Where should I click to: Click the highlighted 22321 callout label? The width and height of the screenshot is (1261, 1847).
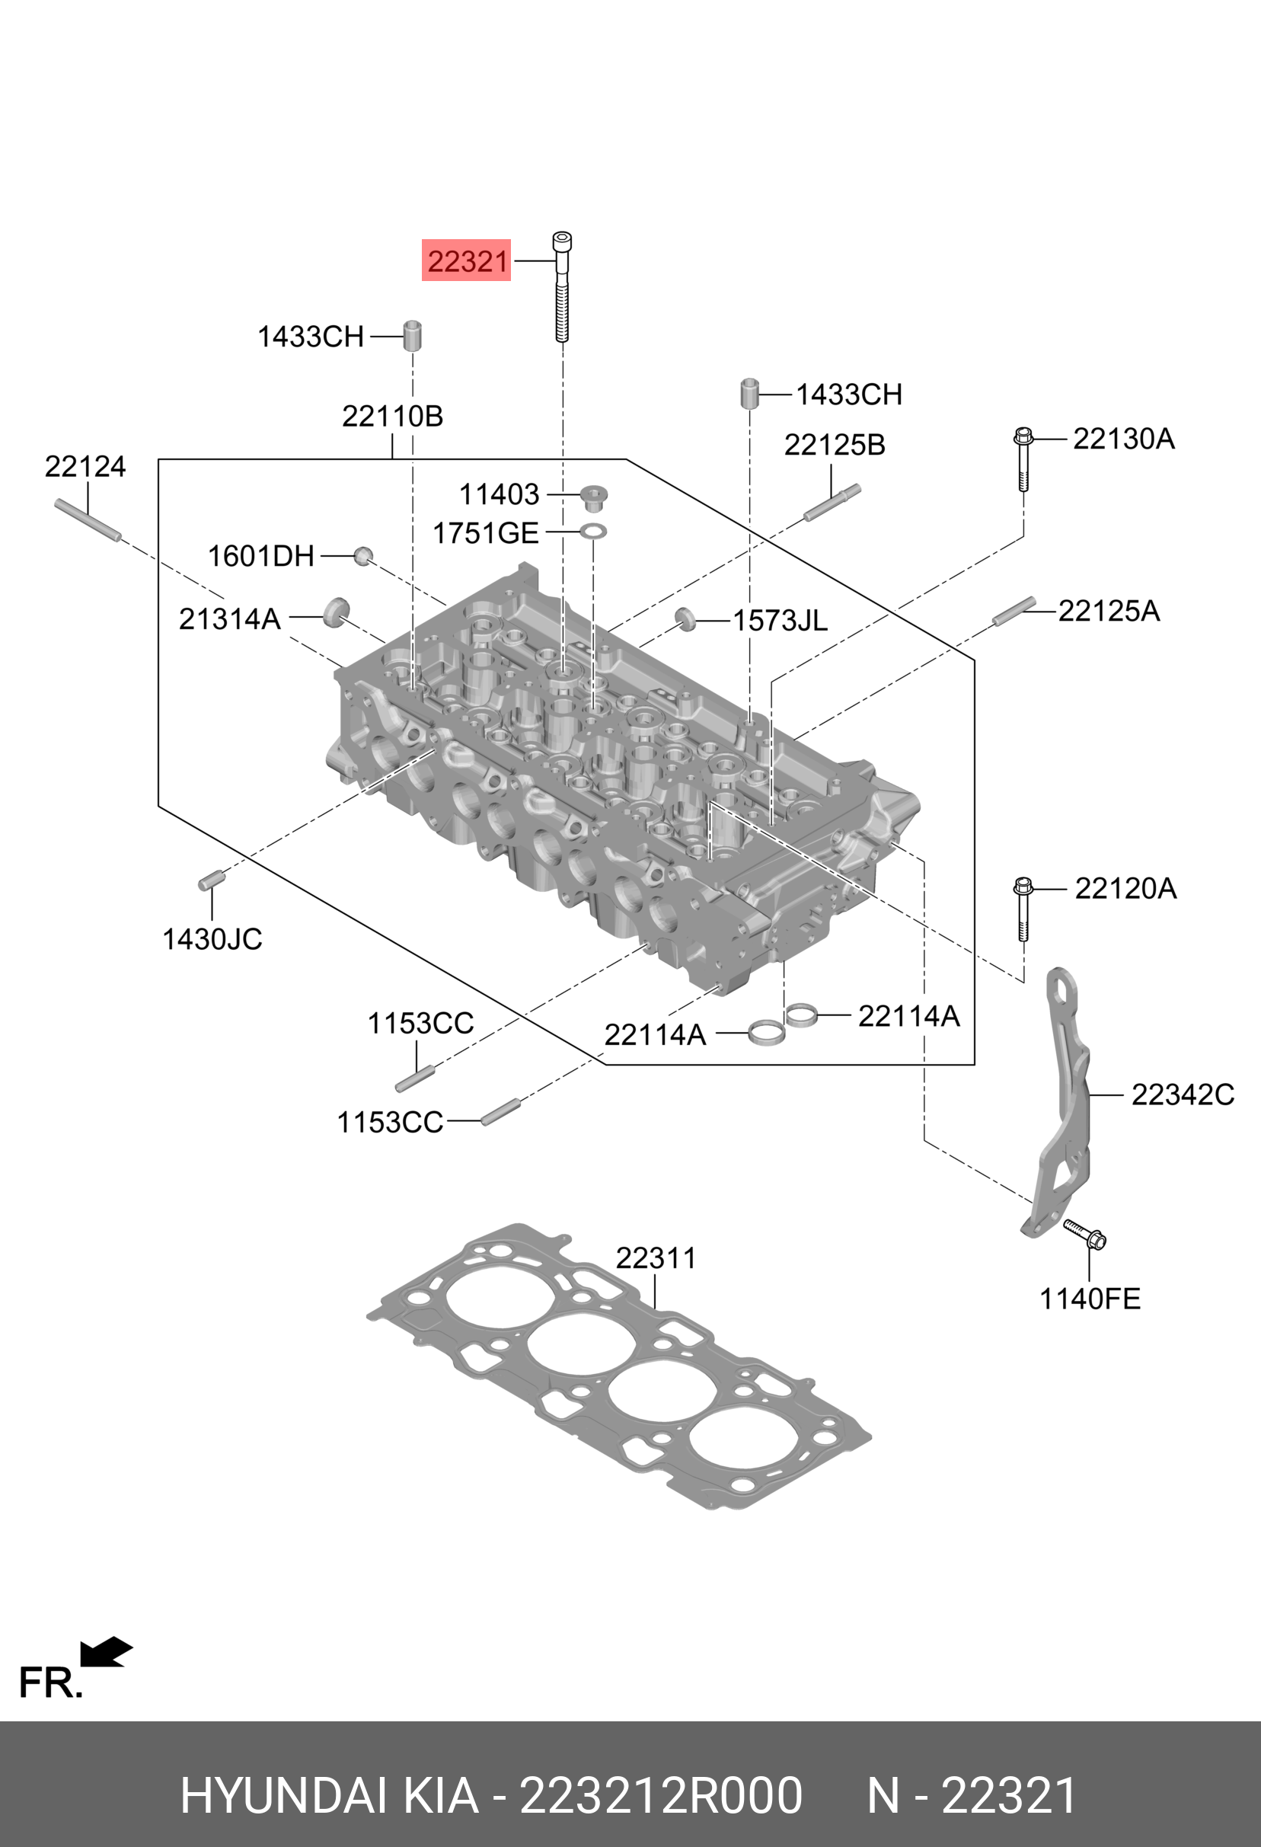(467, 260)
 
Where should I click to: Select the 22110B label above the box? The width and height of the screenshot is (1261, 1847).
(391, 416)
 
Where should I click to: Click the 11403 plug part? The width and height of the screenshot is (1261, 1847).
(592, 498)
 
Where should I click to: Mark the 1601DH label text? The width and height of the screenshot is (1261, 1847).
(260, 556)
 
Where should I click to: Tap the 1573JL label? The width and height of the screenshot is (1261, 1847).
(780, 621)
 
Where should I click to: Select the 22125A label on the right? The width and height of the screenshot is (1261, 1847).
(1109, 610)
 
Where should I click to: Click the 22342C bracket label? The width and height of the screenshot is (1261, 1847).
(1183, 1094)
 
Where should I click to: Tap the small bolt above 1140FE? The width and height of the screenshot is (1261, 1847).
(1084, 1233)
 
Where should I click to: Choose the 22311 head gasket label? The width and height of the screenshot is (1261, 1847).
(656, 1258)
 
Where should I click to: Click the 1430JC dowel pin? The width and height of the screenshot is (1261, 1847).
(212, 880)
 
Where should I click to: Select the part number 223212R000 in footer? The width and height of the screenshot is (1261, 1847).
(660, 1795)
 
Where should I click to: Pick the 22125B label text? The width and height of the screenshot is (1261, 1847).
(835, 445)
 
